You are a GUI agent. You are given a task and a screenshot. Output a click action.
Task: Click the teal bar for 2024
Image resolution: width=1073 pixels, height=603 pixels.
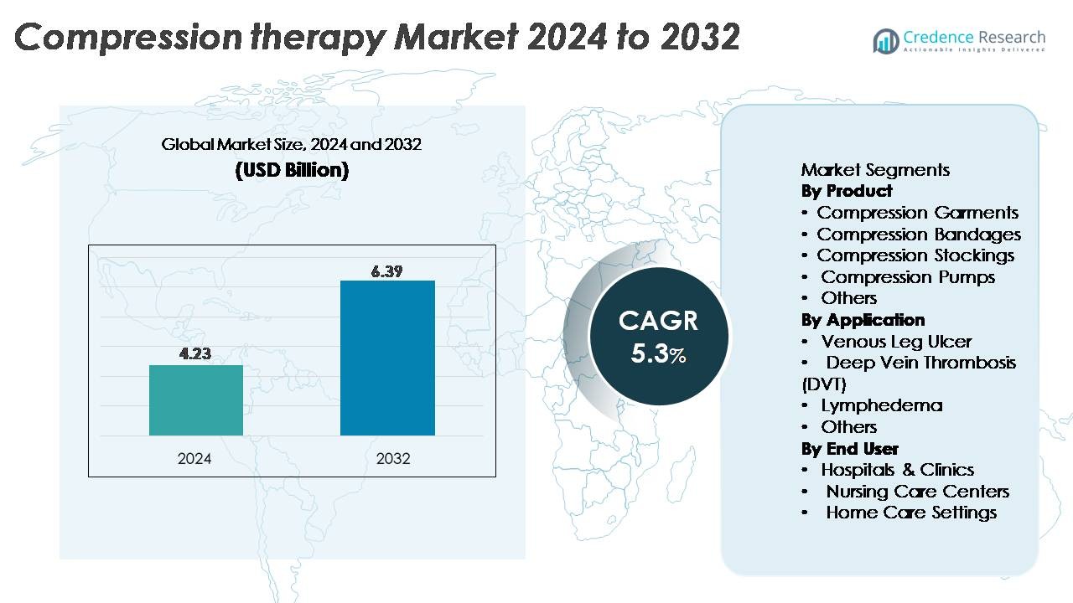196,400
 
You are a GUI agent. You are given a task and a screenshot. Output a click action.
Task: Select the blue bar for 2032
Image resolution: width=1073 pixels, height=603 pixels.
387,358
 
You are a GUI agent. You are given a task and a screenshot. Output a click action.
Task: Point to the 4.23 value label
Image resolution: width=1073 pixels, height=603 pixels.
195,354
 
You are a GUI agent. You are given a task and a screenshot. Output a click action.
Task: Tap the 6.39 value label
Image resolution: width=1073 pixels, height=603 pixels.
387,271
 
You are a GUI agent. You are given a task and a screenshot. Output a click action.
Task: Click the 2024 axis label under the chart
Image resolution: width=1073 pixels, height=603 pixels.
194,459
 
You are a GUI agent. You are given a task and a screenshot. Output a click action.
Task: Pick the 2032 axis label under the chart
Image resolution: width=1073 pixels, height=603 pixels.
393,459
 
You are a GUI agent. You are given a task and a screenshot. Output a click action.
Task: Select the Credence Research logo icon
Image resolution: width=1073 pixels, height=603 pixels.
885,40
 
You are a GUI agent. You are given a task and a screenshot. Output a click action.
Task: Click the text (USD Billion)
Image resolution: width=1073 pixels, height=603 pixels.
291,170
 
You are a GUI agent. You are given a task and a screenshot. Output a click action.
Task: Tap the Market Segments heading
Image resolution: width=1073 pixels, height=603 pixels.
875,170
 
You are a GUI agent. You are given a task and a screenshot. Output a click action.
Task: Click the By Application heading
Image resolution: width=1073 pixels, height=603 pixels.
863,320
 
